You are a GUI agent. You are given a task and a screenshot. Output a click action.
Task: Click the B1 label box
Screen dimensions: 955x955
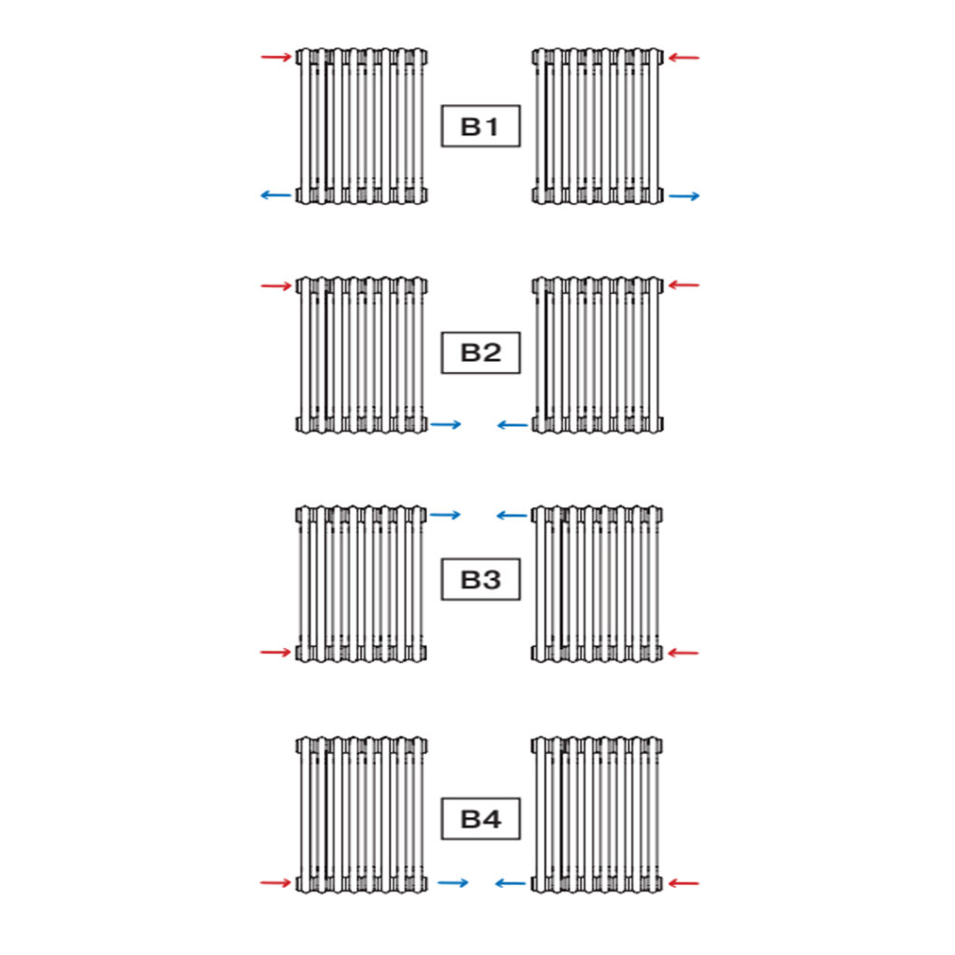[x=480, y=126]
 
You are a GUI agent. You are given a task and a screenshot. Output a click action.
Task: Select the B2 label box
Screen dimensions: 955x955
[x=480, y=353]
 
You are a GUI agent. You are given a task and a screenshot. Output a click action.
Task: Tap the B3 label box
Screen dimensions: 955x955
[x=480, y=579]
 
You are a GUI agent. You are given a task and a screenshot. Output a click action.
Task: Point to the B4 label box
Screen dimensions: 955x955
[x=480, y=820]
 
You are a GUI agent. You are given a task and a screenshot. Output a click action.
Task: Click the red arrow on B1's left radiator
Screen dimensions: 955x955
[x=276, y=58]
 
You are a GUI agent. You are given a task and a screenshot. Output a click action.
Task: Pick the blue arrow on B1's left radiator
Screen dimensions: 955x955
[x=276, y=195]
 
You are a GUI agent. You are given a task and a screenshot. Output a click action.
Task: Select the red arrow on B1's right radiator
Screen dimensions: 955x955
[x=684, y=58]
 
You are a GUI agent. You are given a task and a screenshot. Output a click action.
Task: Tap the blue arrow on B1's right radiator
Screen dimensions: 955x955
[x=684, y=196]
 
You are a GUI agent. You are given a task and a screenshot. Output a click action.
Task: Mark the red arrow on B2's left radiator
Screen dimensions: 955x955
[x=276, y=285]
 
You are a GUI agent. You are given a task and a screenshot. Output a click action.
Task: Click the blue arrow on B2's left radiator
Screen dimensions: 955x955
[x=446, y=424]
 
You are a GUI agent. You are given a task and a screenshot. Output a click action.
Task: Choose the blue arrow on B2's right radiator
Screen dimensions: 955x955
[x=513, y=424]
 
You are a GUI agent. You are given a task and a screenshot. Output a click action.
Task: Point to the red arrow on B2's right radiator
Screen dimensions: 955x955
[x=684, y=284]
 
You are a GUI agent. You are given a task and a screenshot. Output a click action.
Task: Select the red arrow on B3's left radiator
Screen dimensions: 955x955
[x=276, y=652]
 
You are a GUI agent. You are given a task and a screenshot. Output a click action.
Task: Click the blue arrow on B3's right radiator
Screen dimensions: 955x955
[x=513, y=515]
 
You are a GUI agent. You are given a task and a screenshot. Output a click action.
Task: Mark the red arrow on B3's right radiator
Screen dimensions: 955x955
[x=684, y=652]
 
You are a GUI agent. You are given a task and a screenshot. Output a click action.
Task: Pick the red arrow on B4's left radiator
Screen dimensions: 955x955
[x=276, y=882]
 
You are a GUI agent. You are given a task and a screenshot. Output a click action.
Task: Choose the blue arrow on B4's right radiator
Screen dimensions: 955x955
[x=510, y=882]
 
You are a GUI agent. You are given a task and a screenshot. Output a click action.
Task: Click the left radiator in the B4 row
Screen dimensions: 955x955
[x=362, y=814]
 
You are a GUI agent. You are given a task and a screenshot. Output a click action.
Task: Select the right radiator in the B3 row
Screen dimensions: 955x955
[x=597, y=583]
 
